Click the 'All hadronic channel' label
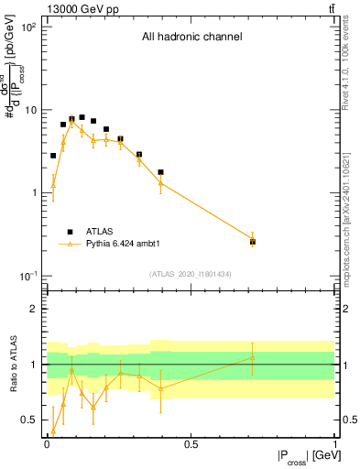click(191, 38)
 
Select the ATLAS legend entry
click(99, 232)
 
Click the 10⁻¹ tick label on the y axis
click(28, 276)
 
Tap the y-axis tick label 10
click(31, 110)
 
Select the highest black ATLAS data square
click(82, 117)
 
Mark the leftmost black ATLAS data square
click(53, 156)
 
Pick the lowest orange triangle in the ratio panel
click(53, 431)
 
